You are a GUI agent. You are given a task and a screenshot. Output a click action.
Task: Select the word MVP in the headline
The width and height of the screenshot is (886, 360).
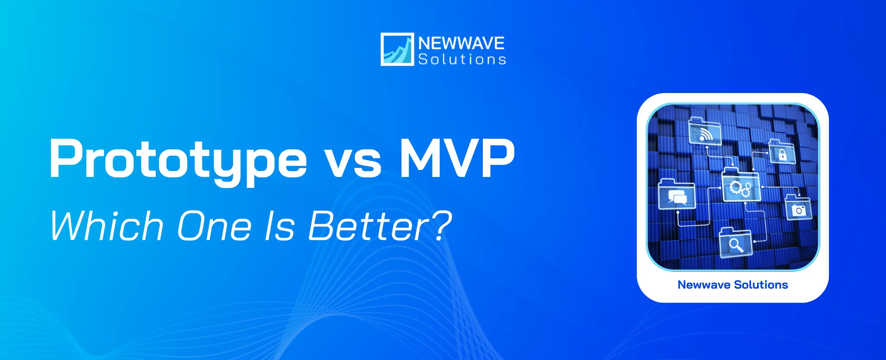(x=457, y=158)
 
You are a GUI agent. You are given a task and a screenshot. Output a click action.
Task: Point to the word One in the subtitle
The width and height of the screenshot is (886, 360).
(x=214, y=225)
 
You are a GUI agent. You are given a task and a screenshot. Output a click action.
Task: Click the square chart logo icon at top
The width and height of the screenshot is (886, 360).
(x=397, y=49)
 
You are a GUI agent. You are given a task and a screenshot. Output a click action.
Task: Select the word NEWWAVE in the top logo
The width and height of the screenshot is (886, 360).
(x=461, y=43)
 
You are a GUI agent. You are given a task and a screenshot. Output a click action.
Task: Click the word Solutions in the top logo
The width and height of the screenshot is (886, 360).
(x=462, y=59)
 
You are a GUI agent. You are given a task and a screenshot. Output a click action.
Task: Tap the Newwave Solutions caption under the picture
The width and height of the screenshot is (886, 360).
(x=732, y=285)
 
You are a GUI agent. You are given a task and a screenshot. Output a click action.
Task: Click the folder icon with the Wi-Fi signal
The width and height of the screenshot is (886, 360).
(x=705, y=132)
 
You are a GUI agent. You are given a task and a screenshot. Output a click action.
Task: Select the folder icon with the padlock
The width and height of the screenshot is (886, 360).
(x=782, y=152)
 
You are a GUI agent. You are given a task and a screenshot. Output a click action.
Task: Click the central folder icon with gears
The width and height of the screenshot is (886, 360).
(x=741, y=187)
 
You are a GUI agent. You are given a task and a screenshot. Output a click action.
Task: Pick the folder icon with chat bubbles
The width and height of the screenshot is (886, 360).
(x=677, y=195)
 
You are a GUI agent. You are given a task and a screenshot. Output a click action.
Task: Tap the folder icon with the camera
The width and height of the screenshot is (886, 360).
(x=798, y=208)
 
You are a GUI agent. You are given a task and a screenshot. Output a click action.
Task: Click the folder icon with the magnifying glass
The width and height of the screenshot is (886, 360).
(x=735, y=243)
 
